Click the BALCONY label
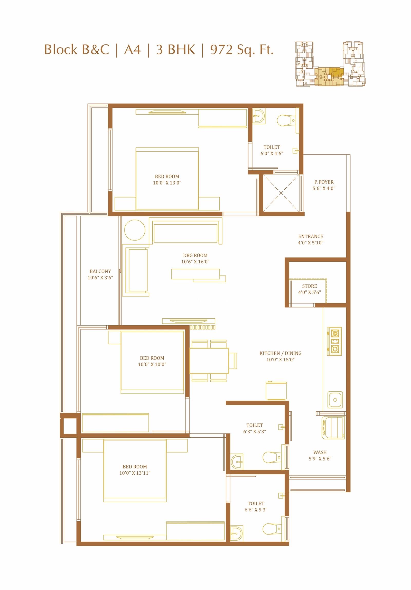(100, 271)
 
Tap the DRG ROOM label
(195, 255)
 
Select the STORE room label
(310, 286)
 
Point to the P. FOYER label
(324, 182)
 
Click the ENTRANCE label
(311, 236)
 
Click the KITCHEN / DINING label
(281, 353)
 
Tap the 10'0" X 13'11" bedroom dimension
(135, 473)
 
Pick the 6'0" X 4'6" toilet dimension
(272, 154)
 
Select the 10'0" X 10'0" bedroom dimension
(152, 364)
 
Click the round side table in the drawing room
(135, 230)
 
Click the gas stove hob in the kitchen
(334, 341)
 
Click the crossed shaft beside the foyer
(281, 193)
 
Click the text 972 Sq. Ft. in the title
(242, 50)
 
